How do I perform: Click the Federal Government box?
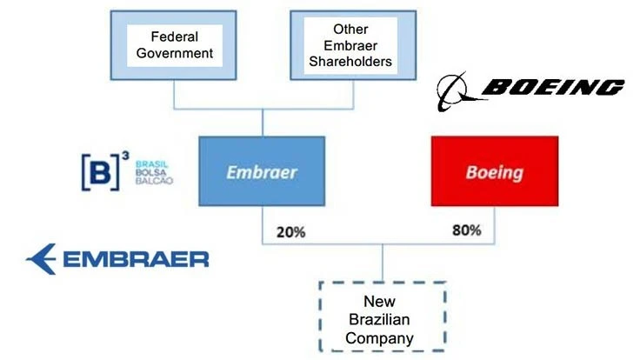point(174,46)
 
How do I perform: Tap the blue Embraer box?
point(262,171)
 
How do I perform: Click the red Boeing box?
point(494,171)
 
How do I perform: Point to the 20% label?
point(290,232)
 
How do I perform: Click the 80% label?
point(466,232)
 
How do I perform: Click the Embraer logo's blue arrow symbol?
point(42,258)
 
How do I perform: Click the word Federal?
point(174,37)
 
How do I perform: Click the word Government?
point(174,54)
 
